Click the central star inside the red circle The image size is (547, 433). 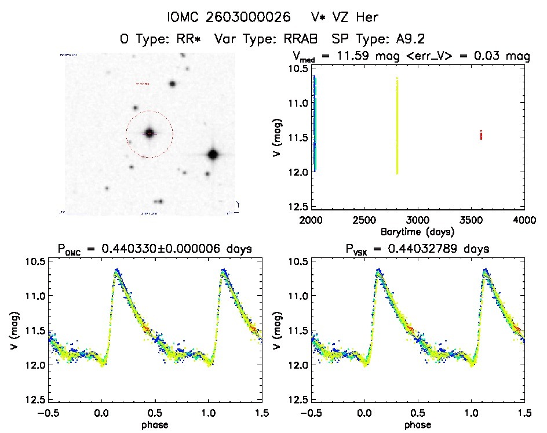tap(149, 133)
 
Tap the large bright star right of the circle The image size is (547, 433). tap(213, 154)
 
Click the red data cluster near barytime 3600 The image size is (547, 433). tap(481, 135)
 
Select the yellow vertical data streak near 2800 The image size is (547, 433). tap(397, 125)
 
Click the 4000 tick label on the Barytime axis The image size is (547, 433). tap(524, 221)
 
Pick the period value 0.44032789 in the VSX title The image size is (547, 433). tap(447, 249)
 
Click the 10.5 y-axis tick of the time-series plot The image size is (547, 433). tap(300, 68)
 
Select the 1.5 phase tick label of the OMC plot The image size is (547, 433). tap(261, 413)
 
